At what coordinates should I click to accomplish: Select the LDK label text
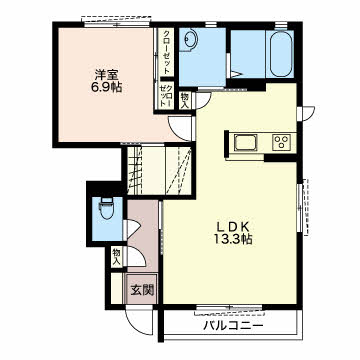pos(234,227)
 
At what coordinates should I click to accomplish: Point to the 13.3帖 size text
pos(233,239)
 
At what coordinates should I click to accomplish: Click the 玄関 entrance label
pos(142,291)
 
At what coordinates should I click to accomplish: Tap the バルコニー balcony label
pos(234,325)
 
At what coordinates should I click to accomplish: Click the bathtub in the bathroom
pos(281,54)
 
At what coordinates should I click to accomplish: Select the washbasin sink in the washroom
pos(191,40)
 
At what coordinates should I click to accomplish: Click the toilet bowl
pos(107,209)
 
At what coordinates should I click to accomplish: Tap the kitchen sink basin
pos(246,142)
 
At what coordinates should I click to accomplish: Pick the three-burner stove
pos(283,142)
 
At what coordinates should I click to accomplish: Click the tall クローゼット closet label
pos(167,52)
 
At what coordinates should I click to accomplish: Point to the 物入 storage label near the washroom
pos(184,100)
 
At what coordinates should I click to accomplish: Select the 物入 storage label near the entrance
pos(116,256)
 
